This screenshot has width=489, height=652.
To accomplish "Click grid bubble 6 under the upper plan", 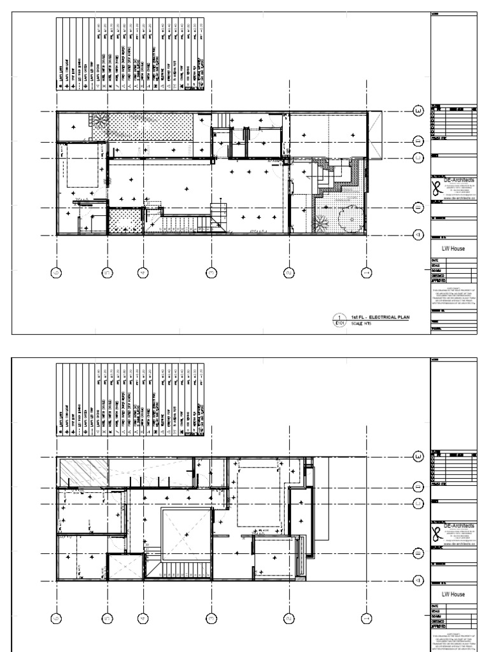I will coord(56,273).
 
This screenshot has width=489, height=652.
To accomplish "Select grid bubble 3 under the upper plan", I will coord(211,273).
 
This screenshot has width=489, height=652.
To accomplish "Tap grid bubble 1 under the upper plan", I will coord(365,273).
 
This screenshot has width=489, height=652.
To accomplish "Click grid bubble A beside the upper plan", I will coord(418,234).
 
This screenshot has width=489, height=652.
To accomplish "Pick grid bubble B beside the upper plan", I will coord(418,208).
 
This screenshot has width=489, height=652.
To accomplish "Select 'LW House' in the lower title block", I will coord(453,594).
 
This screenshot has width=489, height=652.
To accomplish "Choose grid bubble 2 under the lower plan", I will coord(288,617).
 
